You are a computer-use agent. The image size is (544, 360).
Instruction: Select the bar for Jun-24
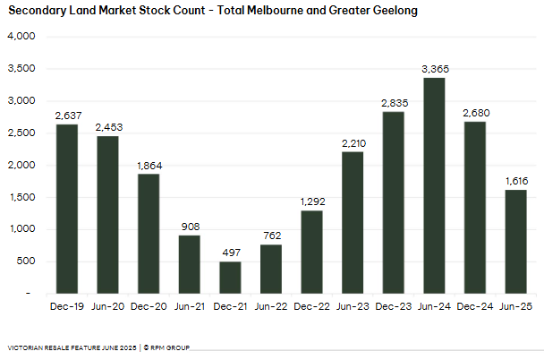click(x=435, y=185)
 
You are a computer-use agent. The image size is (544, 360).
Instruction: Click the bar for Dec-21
click(x=230, y=277)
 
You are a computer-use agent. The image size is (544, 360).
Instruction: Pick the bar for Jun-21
click(x=190, y=264)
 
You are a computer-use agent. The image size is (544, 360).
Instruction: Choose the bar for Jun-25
click(x=516, y=241)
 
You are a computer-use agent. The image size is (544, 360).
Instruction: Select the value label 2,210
click(x=353, y=143)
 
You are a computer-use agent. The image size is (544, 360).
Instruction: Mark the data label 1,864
click(x=149, y=166)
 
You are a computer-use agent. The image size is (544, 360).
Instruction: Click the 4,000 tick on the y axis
click(x=21, y=37)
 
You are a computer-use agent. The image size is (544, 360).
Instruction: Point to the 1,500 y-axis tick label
click(x=21, y=197)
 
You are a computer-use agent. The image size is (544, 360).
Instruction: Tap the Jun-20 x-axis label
click(x=107, y=305)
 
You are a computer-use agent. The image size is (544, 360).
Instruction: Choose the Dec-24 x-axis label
click(x=475, y=305)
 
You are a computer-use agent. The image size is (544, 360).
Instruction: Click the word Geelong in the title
click(x=392, y=12)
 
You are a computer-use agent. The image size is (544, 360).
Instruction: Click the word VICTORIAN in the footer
click(x=25, y=347)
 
